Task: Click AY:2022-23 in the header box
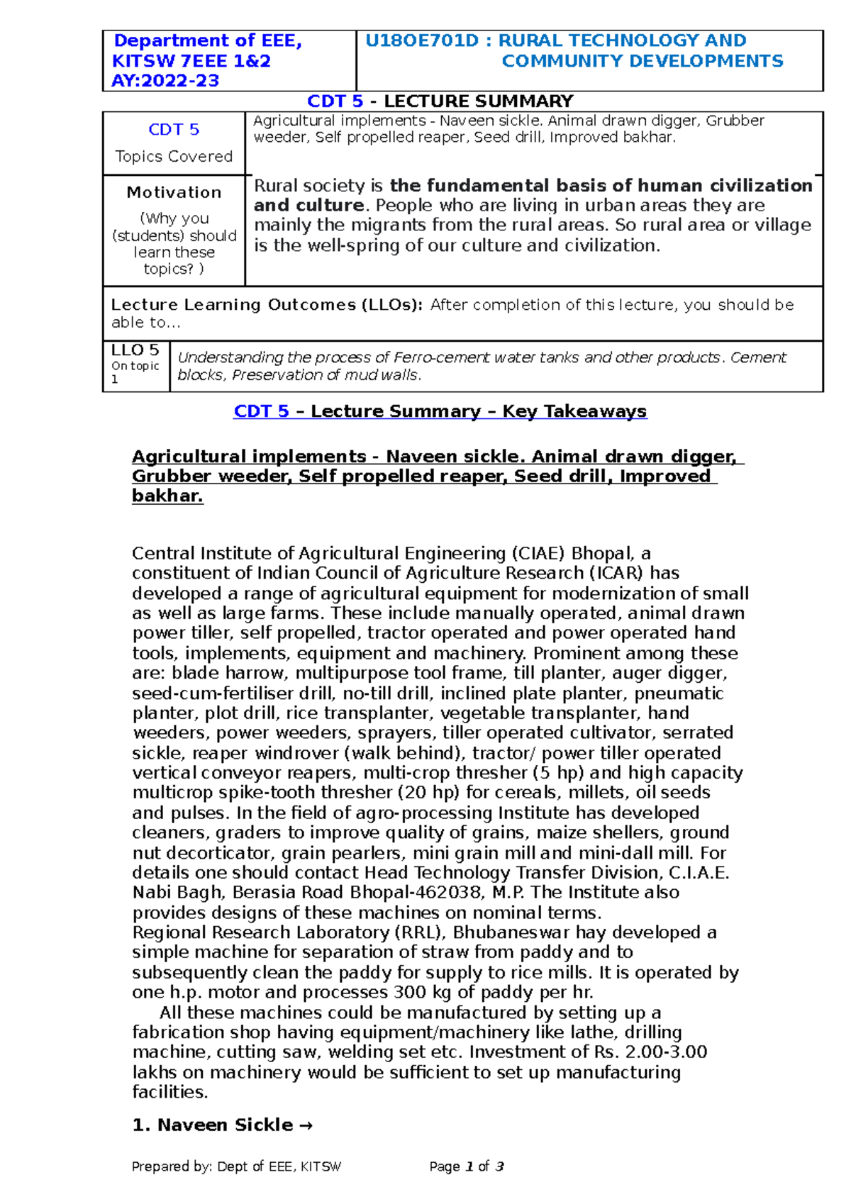point(165,81)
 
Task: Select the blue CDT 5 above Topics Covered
point(174,130)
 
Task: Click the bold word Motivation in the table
point(174,192)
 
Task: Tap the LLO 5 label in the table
point(135,350)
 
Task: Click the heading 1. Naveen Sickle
point(222,1125)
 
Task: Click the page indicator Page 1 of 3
point(466,1166)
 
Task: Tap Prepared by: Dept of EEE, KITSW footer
point(236,1166)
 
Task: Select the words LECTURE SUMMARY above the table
point(479,101)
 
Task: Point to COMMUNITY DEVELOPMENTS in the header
point(642,61)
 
